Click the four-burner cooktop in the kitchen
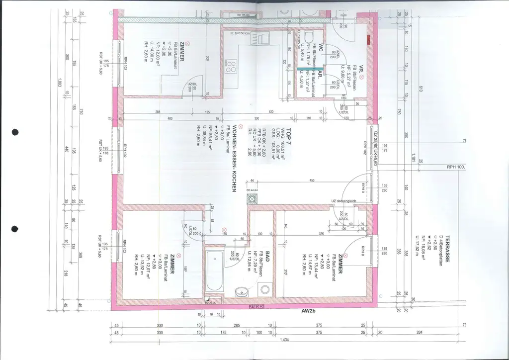click(x=231, y=66)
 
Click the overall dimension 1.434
click(x=284, y=340)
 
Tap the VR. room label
click(x=362, y=69)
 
